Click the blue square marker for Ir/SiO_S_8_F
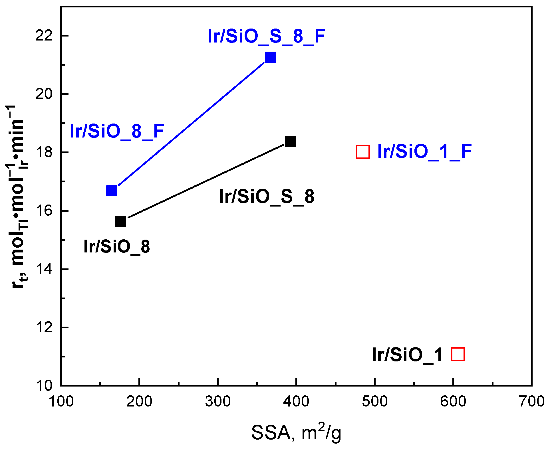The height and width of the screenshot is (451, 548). [270, 57]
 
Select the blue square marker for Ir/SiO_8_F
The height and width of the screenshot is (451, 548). [112, 191]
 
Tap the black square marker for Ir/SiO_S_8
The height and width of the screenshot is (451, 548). [291, 141]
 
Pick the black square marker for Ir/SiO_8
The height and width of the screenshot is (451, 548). [120, 221]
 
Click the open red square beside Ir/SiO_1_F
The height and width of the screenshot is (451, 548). [363, 152]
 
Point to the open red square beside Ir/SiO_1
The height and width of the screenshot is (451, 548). [458, 354]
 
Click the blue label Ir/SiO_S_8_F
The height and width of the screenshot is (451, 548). [266, 37]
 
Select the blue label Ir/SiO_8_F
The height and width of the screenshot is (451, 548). [117, 131]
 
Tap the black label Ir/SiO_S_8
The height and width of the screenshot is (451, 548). [267, 197]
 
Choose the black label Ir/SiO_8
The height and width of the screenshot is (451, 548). [116, 246]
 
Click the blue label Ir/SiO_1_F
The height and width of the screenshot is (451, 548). [424, 151]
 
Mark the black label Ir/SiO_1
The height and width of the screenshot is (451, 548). [407, 355]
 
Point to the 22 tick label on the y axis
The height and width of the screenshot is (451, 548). [44, 36]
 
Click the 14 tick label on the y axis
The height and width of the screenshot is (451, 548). [44, 269]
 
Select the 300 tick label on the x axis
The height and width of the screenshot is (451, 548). [218, 402]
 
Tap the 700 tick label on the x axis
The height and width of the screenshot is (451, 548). [531, 402]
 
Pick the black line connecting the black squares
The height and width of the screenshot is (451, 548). [205, 181]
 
